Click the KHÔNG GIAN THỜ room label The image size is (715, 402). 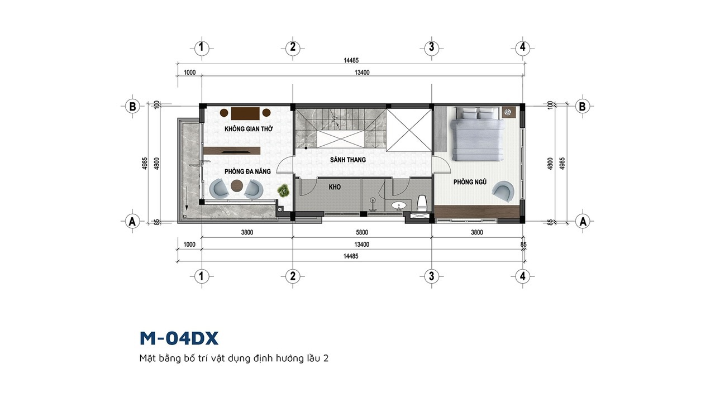(249, 129)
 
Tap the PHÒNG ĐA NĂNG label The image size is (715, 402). (247, 171)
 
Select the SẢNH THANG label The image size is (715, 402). (348, 160)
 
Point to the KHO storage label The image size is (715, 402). (335, 187)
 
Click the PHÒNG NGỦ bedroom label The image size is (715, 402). (470, 182)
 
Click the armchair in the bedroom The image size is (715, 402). (503, 191)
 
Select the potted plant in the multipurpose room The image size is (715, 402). (283, 190)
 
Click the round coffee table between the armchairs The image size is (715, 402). (236, 186)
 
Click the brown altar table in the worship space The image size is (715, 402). (245, 113)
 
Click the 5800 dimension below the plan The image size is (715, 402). (362, 232)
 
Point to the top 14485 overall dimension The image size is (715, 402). (351, 60)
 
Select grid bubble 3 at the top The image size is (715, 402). (432, 47)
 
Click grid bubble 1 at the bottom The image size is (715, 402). (201, 276)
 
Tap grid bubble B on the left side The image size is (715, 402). (132, 106)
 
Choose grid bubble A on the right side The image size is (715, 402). (583, 221)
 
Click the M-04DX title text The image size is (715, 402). (179, 338)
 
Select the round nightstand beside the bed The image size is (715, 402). (507, 112)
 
